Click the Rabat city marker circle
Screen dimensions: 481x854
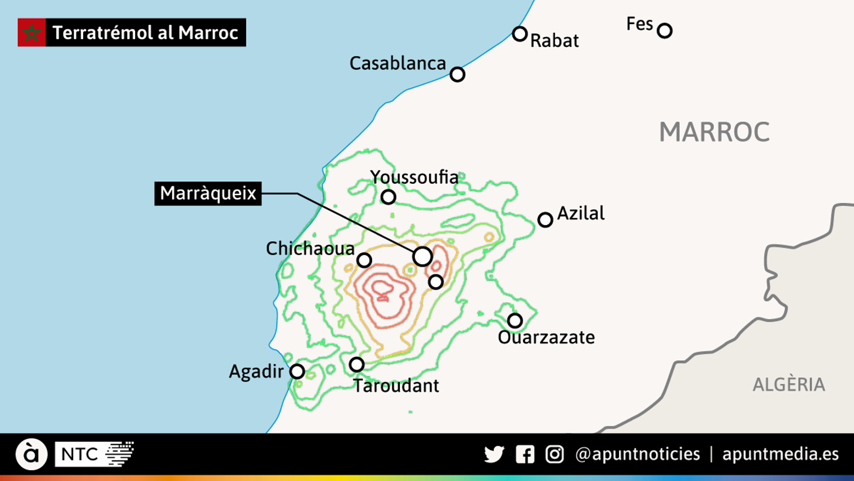click(520, 34)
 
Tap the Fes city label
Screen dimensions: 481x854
click(639, 24)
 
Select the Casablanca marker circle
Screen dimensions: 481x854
click(457, 74)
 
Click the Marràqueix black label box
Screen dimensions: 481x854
click(208, 193)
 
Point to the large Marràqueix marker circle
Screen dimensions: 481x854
click(422, 257)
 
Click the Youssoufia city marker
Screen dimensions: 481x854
click(388, 197)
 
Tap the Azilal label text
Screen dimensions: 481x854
click(581, 213)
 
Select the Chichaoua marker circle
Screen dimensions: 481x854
click(364, 260)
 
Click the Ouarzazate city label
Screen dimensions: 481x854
click(546, 337)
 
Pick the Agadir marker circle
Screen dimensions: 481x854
click(297, 371)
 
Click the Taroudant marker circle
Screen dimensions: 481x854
click(357, 364)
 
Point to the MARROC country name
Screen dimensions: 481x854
click(714, 132)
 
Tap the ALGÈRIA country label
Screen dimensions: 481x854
click(788, 384)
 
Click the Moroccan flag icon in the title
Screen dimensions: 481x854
click(31, 33)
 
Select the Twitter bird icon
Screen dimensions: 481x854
click(494, 454)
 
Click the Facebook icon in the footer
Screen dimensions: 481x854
click(525, 454)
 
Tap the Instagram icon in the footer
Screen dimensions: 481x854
click(555, 454)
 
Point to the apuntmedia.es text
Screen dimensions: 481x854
click(780, 454)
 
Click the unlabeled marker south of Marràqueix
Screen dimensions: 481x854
click(436, 282)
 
